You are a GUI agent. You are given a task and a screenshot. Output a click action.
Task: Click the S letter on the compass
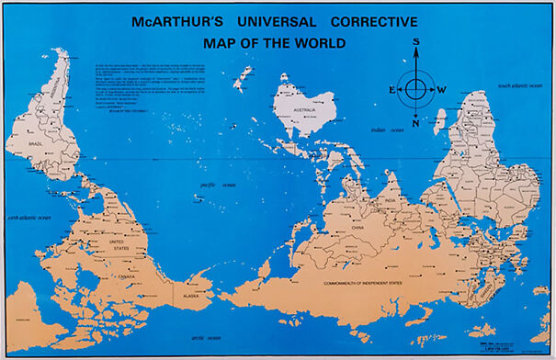tap(415, 41)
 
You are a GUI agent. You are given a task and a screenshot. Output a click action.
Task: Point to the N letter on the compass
tap(415, 123)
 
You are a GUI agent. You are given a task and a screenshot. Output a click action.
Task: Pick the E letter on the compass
tap(391, 89)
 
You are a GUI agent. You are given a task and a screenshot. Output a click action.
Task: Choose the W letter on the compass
tap(440, 89)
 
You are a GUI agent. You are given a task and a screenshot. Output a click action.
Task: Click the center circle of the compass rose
tap(415, 89)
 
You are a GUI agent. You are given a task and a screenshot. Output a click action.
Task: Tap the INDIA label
tap(390, 201)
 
